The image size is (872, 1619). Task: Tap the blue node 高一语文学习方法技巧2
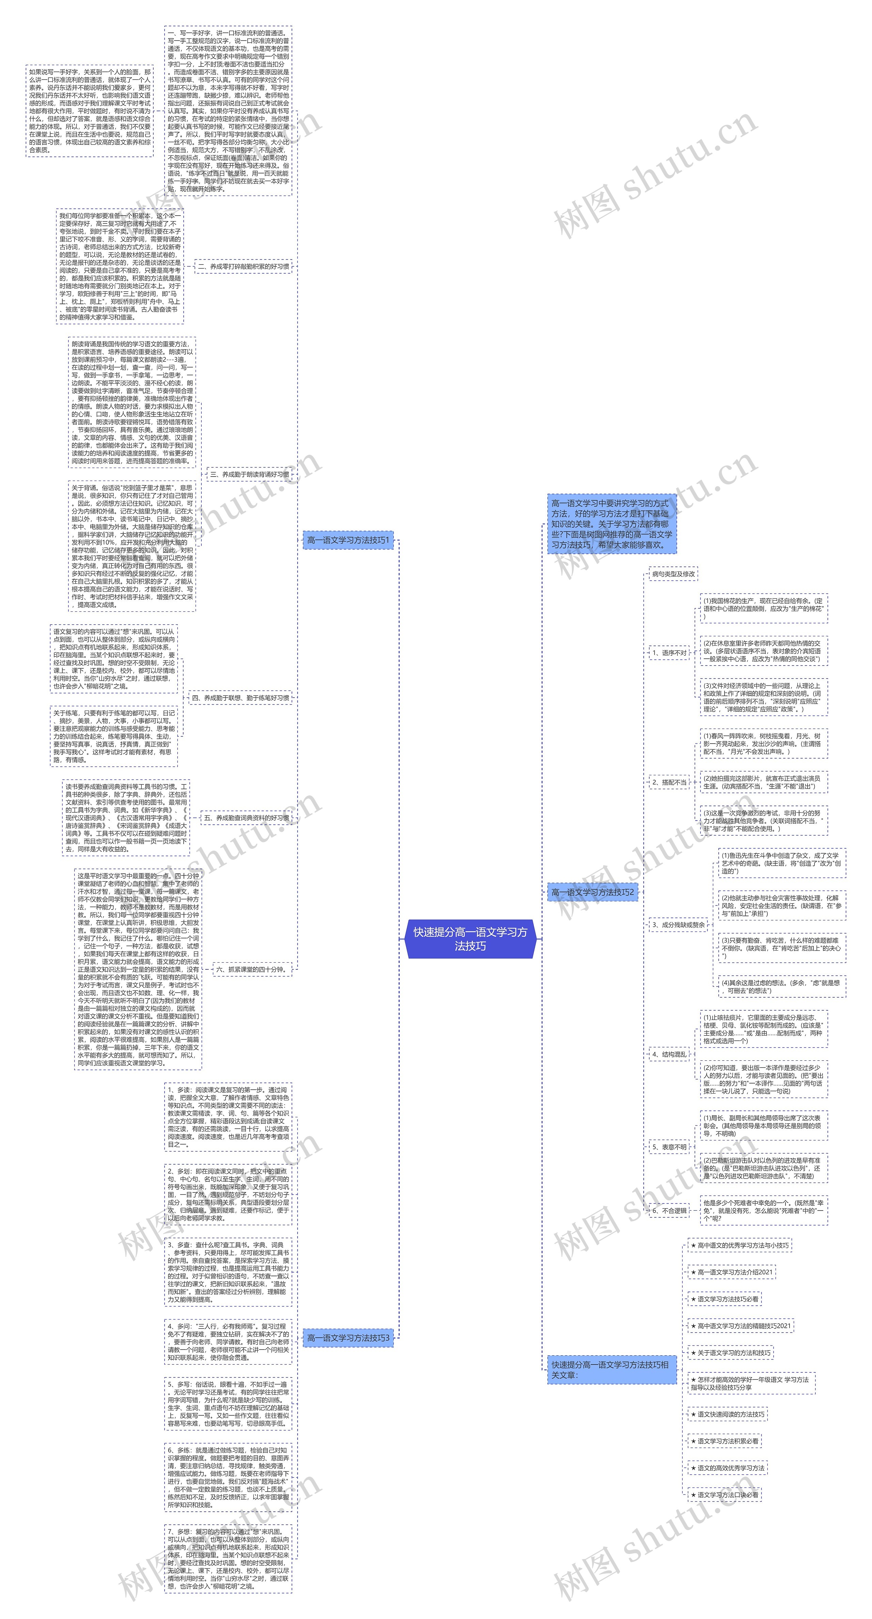pyautogui.click(x=592, y=892)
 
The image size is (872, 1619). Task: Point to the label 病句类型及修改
pyautogui.click(x=673, y=574)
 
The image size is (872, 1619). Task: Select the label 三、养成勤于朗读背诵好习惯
pyautogui.click(x=250, y=474)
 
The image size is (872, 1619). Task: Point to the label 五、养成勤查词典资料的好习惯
pyautogui.click(x=247, y=818)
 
